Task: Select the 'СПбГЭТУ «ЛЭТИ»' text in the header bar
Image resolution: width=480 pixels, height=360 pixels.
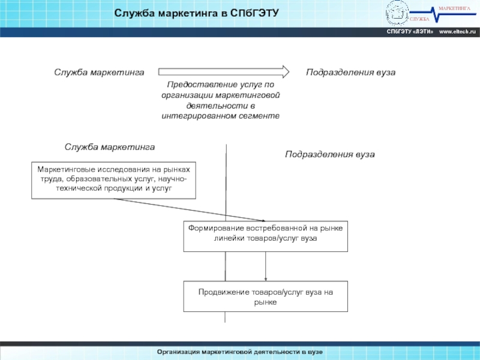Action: click(410, 31)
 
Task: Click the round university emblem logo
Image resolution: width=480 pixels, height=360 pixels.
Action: click(397, 11)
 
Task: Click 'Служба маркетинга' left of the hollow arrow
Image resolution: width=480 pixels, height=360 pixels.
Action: click(99, 72)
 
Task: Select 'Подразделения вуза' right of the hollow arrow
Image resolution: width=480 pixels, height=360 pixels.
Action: click(350, 72)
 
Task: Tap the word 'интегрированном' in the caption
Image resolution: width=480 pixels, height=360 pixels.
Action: click(200, 115)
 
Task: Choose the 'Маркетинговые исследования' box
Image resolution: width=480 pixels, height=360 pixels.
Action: click(114, 180)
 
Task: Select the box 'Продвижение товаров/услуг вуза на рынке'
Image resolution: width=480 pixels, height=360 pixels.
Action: click(265, 296)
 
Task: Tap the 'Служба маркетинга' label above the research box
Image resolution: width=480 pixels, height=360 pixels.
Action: click(110, 147)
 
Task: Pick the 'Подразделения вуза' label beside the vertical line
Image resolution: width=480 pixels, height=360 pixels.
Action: click(329, 155)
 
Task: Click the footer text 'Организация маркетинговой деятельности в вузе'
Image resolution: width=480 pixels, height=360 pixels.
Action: click(240, 351)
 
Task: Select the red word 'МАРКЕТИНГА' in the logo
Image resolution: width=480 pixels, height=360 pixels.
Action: click(454, 7)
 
